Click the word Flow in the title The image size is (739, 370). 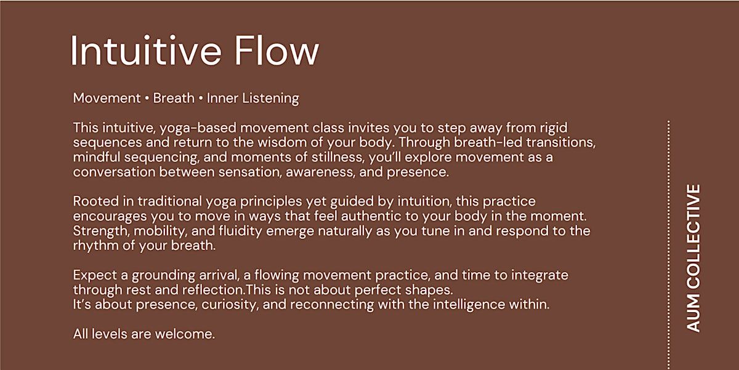277,50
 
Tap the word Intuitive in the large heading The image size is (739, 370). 145,50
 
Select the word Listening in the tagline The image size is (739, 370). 270,99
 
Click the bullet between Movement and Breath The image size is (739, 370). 147,99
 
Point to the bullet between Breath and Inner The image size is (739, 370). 201,99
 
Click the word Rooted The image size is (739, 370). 96,201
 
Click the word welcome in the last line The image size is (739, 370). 185,334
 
